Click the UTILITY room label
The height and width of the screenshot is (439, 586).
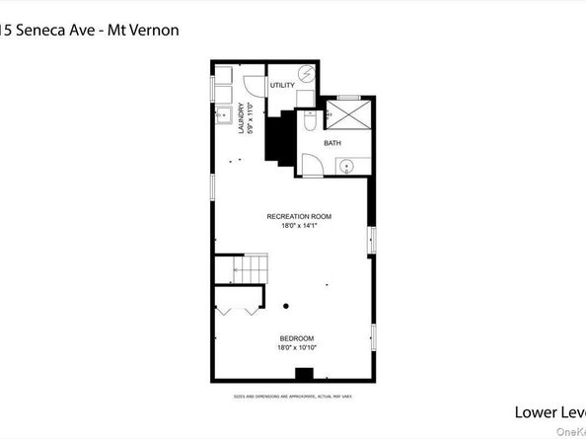pos(283,86)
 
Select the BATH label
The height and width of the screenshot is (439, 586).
pos(332,143)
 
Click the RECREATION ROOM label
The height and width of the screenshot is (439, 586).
pos(298,216)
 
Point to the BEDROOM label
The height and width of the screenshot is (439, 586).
pos(297,338)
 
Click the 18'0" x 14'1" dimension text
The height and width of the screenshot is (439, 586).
pos(298,225)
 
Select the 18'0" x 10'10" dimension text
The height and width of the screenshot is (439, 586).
pos(297,347)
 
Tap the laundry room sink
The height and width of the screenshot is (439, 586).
pos(221,113)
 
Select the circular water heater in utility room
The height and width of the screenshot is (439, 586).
pos(306,74)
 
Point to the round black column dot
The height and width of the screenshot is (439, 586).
pos(286,305)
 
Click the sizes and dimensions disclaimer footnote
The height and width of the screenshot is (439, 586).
pos(293,396)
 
